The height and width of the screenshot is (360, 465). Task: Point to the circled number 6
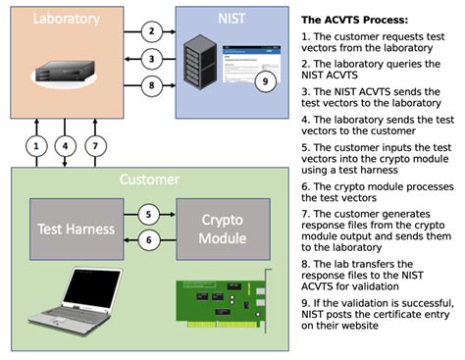pos(149,238)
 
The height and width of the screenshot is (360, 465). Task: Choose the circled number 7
pos(95,146)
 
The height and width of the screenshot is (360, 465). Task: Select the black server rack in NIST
pos(203,66)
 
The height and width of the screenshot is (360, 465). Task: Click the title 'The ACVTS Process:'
pos(353,18)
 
